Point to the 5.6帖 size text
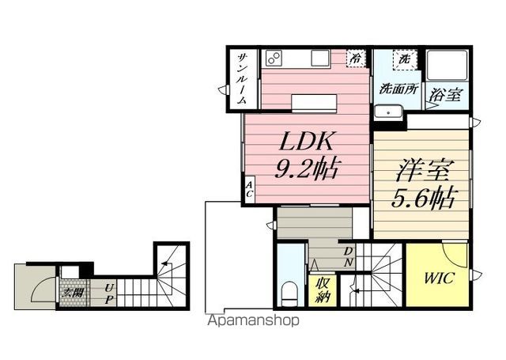[418, 198]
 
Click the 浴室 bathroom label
[445, 95]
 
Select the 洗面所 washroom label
[399, 89]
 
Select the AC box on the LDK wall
[249, 189]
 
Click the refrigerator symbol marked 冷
[357, 58]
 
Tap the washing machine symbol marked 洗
[403, 59]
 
